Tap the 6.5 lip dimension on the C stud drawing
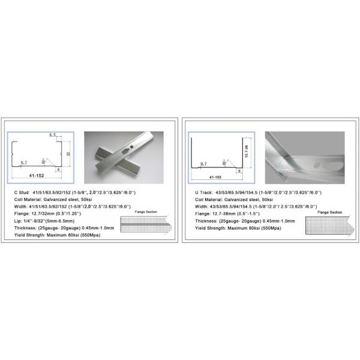pos(53,136)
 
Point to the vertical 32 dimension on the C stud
pos(70,154)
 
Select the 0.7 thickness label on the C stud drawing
pos(23,163)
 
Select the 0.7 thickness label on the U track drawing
pos(203,163)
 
